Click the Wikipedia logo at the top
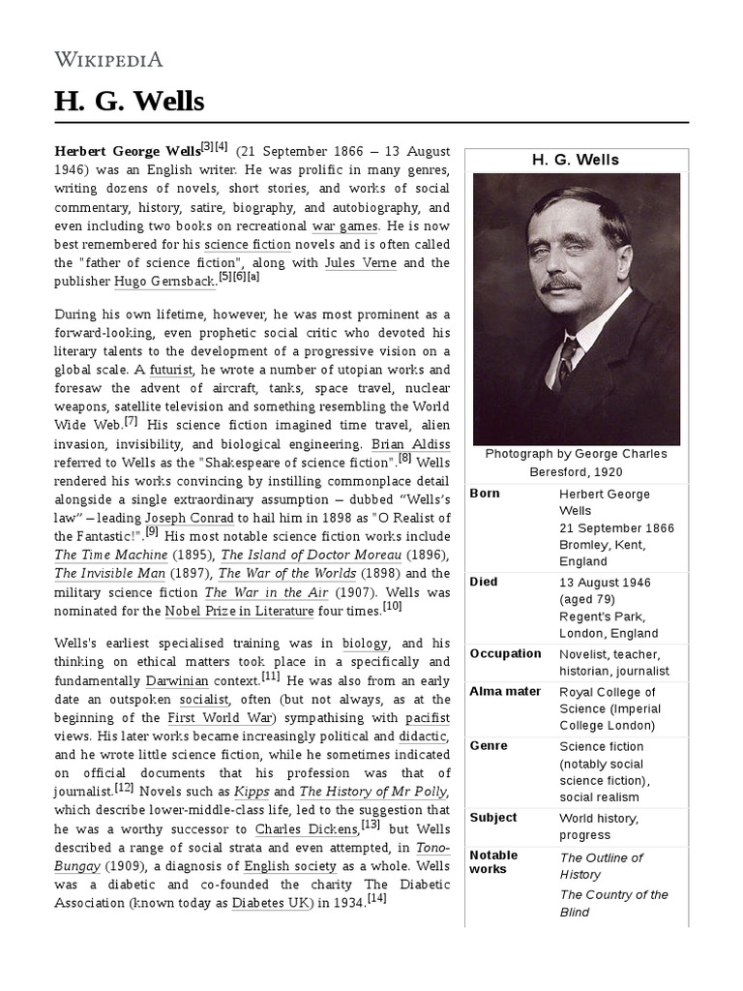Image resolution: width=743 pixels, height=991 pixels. (x=108, y=60)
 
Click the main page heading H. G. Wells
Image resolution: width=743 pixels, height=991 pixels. (x=129, y=101)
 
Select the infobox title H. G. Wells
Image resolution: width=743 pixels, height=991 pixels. (x=576, y=160)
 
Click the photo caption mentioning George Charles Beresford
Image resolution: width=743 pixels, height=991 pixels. (x=576, y=463)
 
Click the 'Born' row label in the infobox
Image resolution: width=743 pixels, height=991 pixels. (x=485, y=494)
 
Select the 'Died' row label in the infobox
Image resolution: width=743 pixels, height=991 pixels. (x=484, y=582)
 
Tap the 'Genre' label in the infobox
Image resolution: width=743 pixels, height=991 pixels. (x=488, y=746)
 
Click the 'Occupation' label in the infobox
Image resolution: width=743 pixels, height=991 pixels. (x=505, y=653)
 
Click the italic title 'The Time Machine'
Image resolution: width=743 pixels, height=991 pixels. (x=110, y=555)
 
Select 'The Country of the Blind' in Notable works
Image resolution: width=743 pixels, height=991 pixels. (x=613, y=903)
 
